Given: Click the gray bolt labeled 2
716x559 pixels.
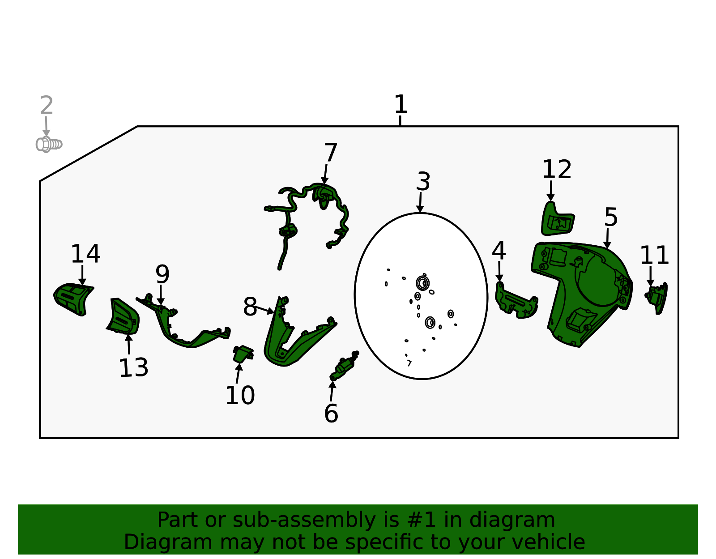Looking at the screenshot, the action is pos(49,144).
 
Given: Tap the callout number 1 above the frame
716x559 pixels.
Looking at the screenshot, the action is pos(401,104).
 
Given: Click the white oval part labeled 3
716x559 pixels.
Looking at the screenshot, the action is pos(421,296).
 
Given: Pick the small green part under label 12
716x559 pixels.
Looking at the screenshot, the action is pos(557,220).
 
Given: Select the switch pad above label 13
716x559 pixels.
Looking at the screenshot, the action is pos(124,316).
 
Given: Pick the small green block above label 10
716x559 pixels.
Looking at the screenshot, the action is pos(243,354).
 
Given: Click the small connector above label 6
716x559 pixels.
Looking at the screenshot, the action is pos(344,365).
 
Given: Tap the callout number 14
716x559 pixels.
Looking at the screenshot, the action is pos(85,254).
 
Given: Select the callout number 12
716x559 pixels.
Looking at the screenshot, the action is pos(557,169).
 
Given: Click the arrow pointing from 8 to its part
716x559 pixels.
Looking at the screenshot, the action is pos(265,310).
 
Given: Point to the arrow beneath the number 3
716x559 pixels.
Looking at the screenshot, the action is pos(420,202).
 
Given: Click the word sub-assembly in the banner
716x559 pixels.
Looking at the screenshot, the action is pos(304,520).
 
